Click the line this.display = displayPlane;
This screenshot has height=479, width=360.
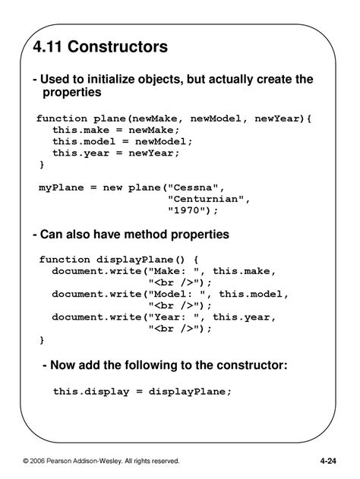[x=141, y=391]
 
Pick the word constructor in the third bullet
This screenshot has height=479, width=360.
[x=252, y=365]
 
